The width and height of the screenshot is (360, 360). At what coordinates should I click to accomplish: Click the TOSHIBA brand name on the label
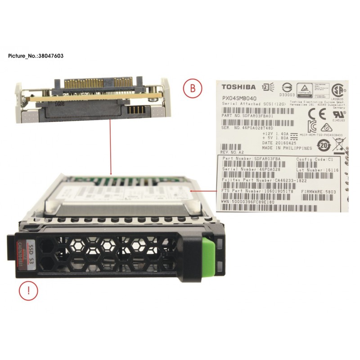(238, 87)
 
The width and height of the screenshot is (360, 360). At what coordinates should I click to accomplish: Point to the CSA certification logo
(337, 88)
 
